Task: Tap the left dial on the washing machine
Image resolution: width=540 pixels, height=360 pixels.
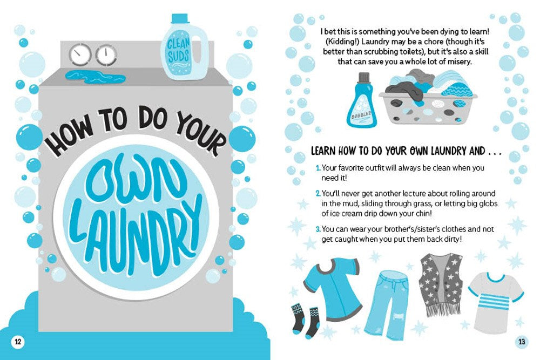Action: point(80,55)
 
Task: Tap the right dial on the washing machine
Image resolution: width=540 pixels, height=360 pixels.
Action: point(106,55)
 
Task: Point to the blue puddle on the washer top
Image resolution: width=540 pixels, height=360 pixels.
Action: point(94,77)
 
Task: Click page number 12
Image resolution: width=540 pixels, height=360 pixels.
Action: point(18,341)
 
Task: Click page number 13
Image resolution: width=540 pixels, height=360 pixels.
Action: point(521,341)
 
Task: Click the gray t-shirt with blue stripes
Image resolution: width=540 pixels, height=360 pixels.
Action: point(495,297)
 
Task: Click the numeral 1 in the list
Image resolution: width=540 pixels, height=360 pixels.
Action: point(318,168)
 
